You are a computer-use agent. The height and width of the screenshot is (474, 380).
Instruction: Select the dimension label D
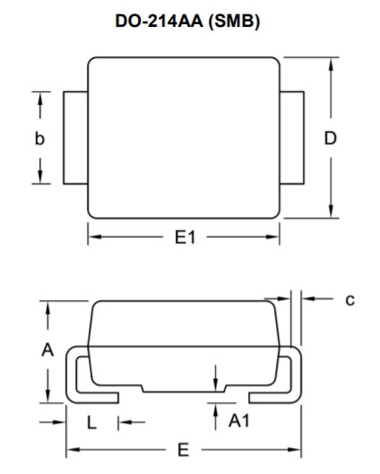[x=331, y=139]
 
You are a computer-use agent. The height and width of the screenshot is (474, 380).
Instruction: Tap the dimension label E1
[x=186, y=237]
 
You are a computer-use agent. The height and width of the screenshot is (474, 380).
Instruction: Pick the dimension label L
[x=92, y=423]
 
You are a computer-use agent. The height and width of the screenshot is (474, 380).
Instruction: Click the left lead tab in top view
[x=75, y=138]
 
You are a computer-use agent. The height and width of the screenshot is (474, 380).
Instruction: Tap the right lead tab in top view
[x=292, y=138]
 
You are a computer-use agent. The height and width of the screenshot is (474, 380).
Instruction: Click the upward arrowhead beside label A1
[x=216, y=409]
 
